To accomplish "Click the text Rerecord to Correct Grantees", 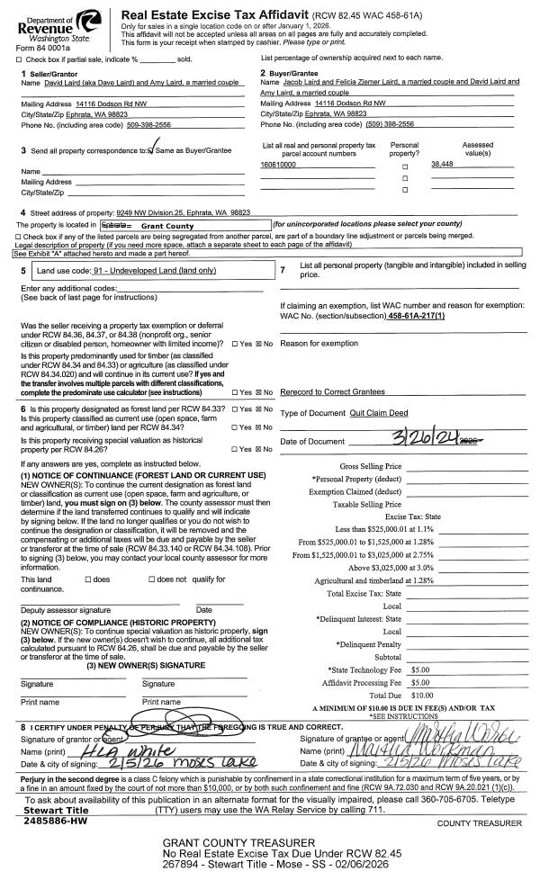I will [333, 391].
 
